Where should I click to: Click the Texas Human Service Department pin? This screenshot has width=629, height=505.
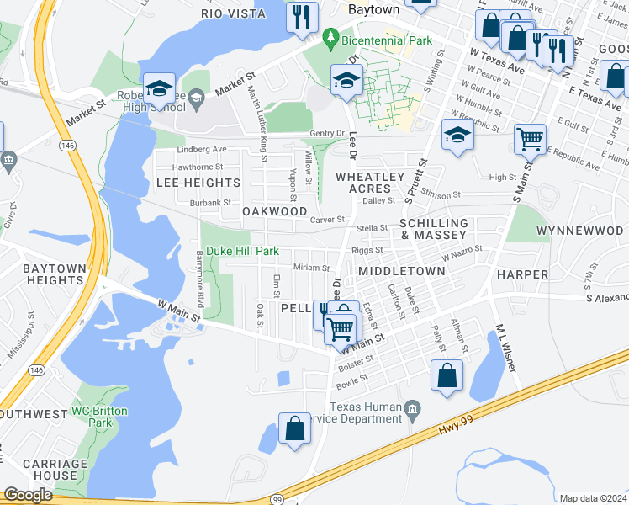tap(412, 411)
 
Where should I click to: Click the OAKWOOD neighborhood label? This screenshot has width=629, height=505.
tap(275, 211)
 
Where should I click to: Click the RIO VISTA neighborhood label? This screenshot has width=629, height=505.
tap(234, 13)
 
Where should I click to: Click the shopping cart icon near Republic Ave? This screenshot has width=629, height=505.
tap(530, 140)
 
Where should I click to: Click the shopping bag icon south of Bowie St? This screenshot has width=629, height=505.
tap(447, 375)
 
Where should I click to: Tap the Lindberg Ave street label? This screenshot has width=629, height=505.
tap(203, 150)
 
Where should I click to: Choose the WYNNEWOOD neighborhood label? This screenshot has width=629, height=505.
tap(581, 230)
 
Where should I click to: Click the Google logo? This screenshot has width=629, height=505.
tap(28, 495)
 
